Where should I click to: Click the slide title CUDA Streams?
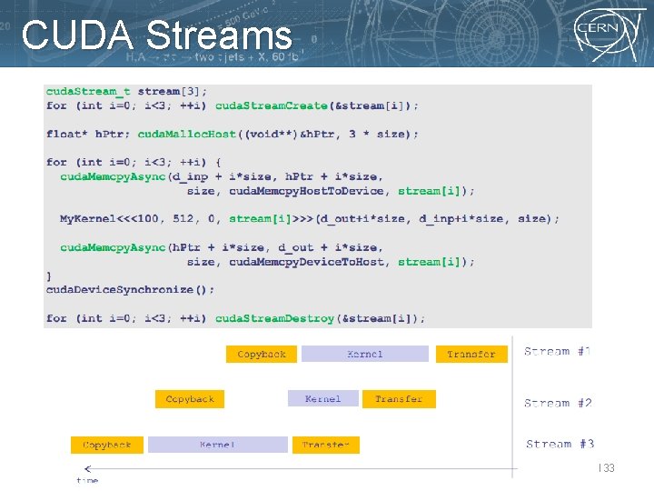point(156,36)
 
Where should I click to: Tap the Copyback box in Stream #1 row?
point(262,354)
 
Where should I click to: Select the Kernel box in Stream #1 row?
point(364,354)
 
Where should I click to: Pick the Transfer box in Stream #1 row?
point(471,354)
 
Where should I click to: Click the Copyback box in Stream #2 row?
point(190,399)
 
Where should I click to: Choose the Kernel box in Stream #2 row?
point(323,399)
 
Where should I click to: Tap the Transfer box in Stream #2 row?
point(399,399)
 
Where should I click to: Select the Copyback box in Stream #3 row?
point(107,445)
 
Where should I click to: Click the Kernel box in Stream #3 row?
point(217,445)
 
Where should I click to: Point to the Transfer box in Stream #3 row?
point(325,445)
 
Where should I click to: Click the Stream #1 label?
point(558,351)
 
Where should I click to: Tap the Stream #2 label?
point(558,403)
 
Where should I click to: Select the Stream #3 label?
point(560,444)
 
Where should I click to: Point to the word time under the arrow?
point(87,479)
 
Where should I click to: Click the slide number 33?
point(608,467)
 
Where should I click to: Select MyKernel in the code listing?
point(88,219)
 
